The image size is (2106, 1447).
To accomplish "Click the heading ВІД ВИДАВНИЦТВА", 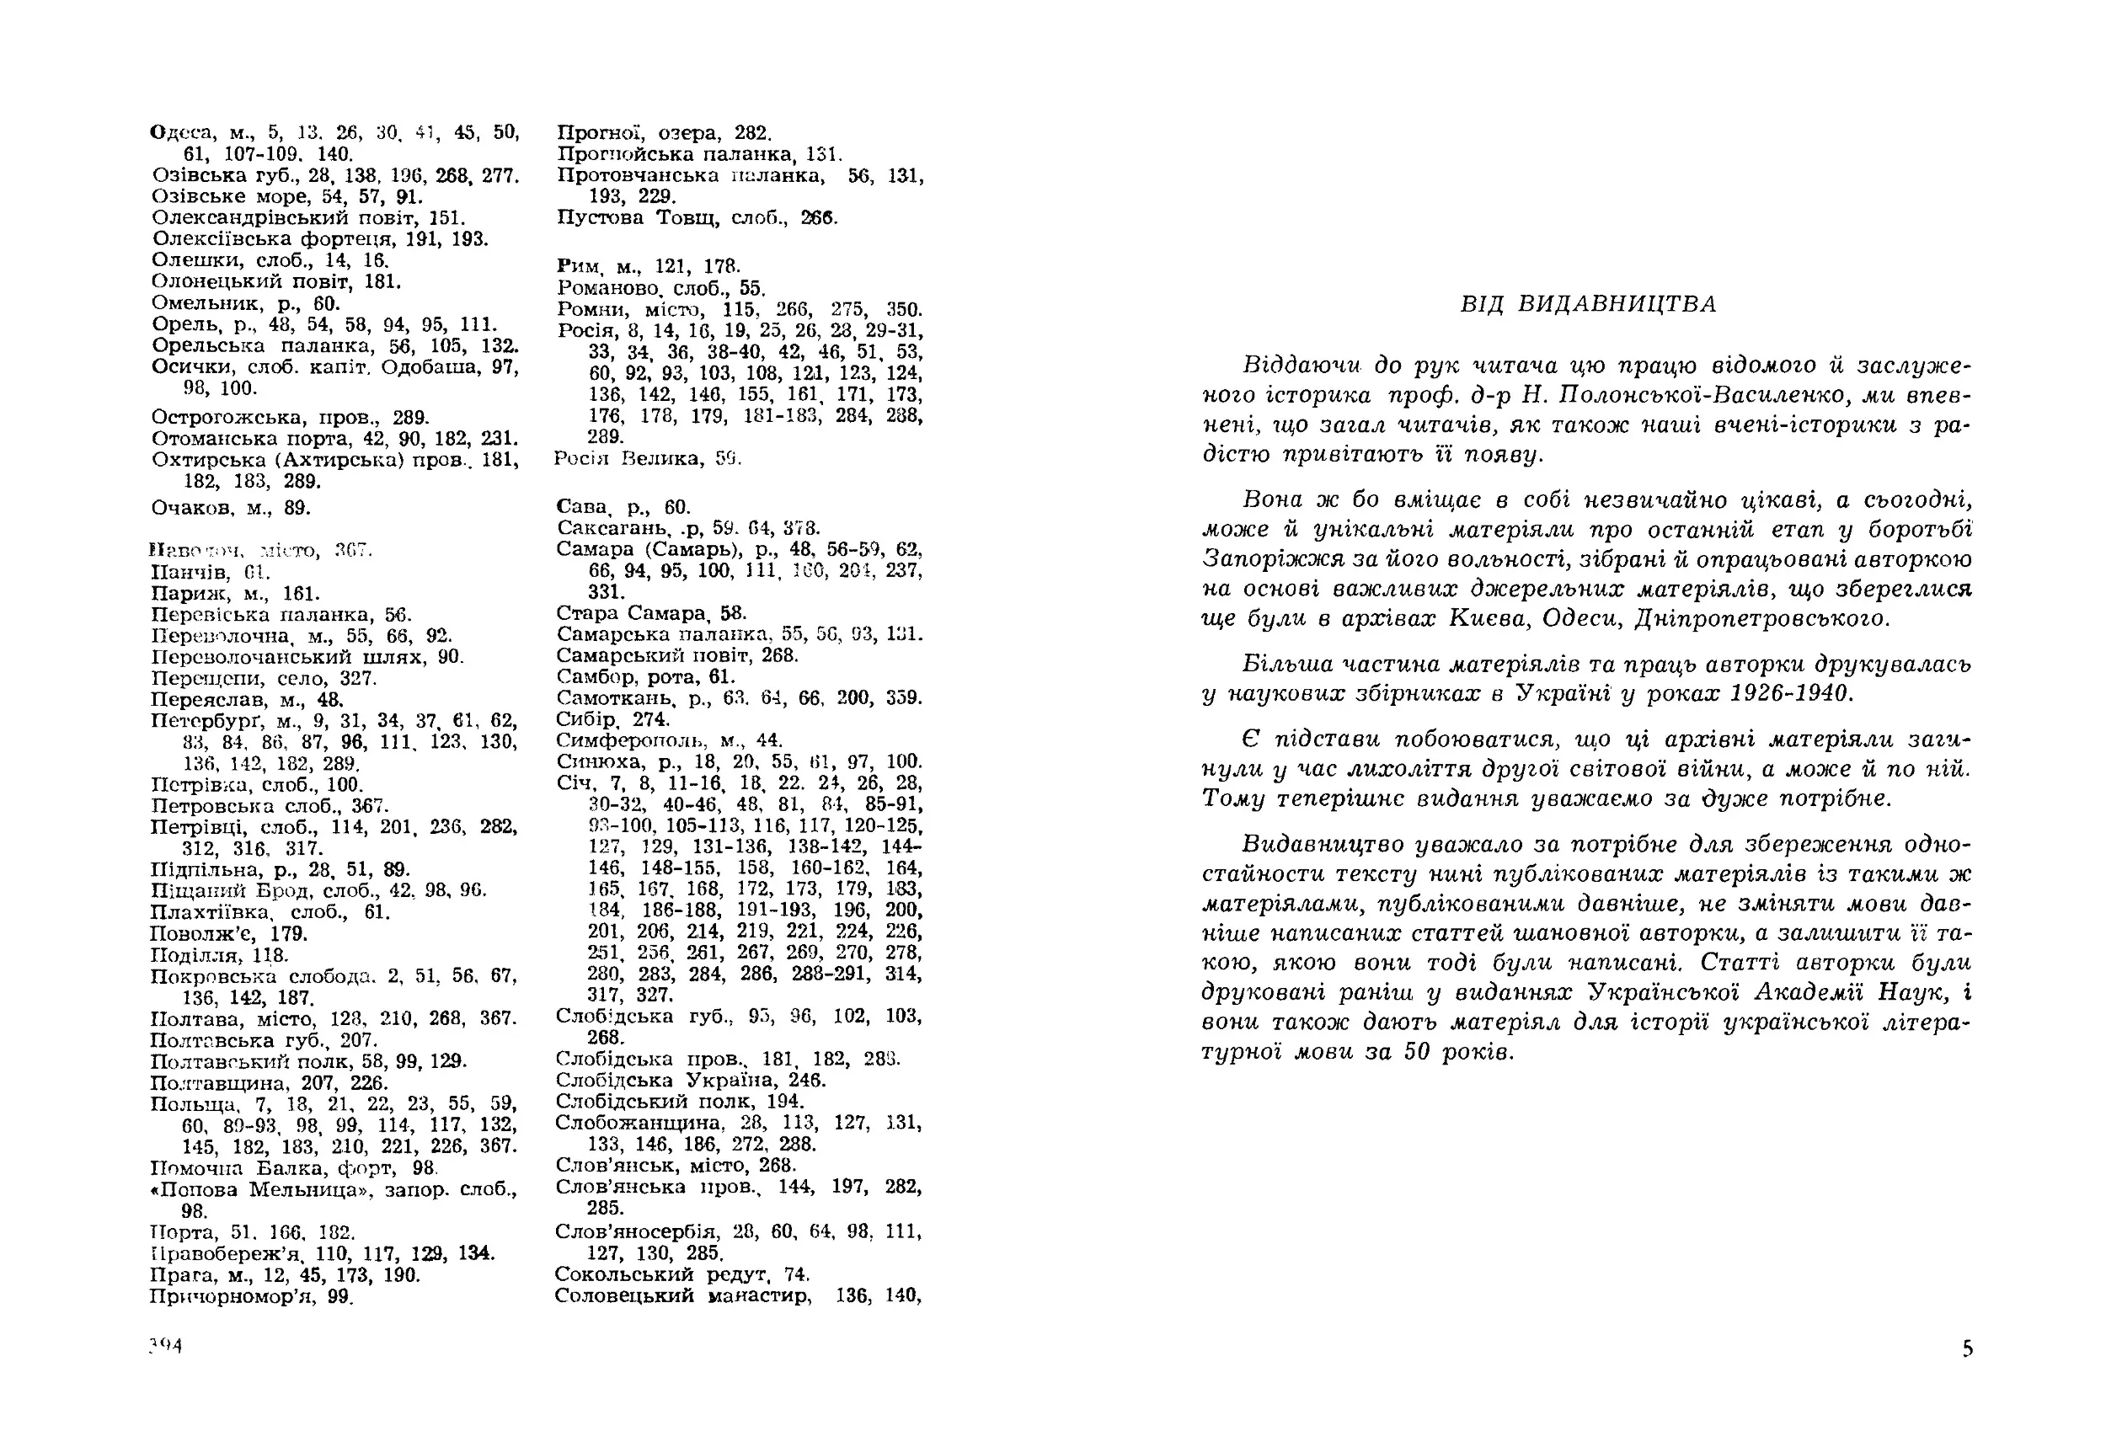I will [1588, 304].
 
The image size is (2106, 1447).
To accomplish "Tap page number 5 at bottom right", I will [1967, 1349].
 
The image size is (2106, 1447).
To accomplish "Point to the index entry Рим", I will [579, 266].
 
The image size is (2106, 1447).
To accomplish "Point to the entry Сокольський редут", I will [662, 1274].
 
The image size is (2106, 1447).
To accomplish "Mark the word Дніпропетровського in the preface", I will [1763, 619].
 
